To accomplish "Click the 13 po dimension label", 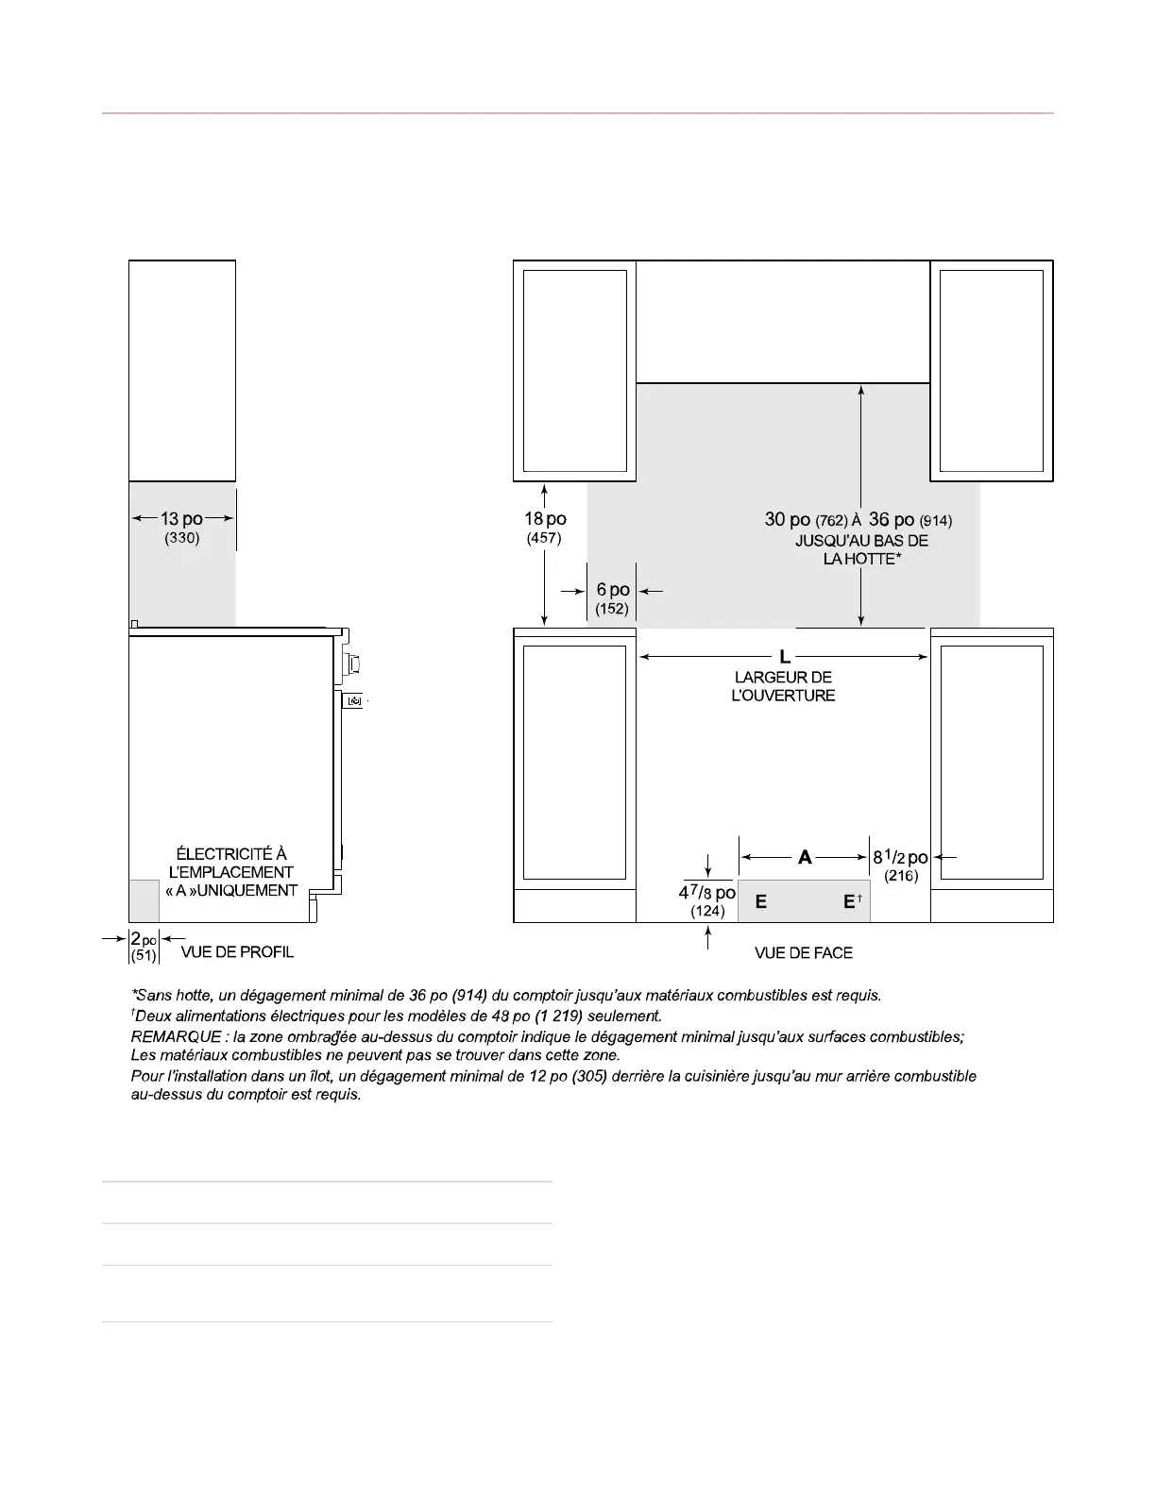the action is pos(181,519).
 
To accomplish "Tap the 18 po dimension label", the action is pos(545,519).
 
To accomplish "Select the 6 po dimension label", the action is pos(613,590).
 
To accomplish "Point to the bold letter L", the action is pos(784,657).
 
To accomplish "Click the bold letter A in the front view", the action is pos(805,857).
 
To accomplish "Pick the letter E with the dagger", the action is pos(853,901).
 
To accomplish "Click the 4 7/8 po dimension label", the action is pos(707,892).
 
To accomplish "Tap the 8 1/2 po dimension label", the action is pos(901,857).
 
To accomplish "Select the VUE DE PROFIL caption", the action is pos(237,952).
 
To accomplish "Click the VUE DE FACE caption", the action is pos(804,953).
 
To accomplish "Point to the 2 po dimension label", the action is pos(144,939).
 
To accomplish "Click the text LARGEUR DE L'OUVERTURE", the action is pos(784,686).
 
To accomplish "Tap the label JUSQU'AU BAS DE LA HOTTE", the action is pos(862,549).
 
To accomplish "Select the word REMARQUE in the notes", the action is pos(177,1037).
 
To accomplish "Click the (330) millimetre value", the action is pos(181,538).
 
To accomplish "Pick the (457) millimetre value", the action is pos(544,538).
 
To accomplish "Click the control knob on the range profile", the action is pos(352,664).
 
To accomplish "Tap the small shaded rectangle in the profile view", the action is pos(144,900).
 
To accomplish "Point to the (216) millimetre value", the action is pos(901,876).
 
